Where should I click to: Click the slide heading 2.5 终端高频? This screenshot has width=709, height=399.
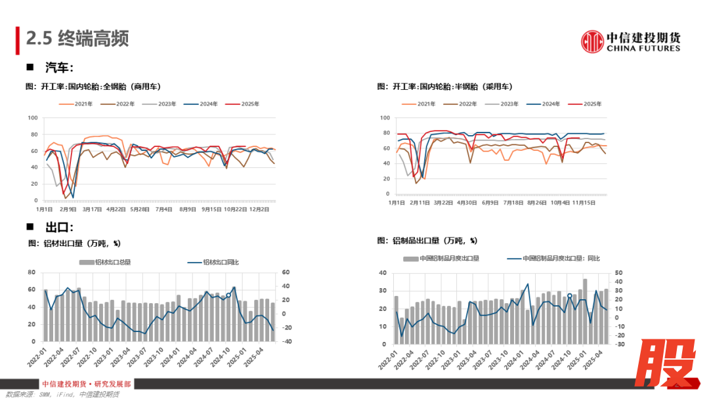(x=77, y=38)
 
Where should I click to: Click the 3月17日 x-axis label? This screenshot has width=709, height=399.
(x=92, y=209)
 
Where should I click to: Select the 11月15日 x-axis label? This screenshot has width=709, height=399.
(x=584, y=203)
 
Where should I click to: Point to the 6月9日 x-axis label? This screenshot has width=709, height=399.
(x=490, y=203)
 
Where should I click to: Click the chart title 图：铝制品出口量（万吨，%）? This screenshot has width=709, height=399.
(x=427, y=240)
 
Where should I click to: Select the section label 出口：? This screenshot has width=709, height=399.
(x=59, y=227)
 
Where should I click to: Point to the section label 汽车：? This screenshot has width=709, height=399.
(x=59, y=68)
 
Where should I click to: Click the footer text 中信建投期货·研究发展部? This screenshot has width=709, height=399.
(x=86, y=384)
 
